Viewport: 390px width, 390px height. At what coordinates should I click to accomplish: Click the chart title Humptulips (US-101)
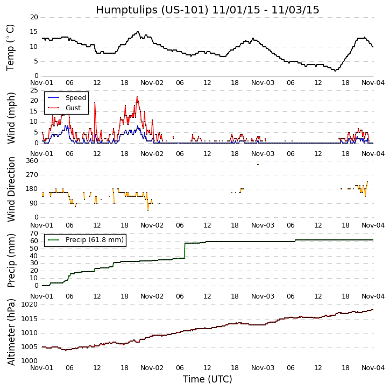tap(207, 10)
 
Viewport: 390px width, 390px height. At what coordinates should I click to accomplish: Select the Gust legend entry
tap(74, 108)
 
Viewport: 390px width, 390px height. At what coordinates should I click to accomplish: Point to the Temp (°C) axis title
tap(11, 47)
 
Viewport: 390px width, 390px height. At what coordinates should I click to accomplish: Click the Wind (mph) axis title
tap(11, 117)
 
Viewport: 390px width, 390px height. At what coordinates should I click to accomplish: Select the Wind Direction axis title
tap(11, 189)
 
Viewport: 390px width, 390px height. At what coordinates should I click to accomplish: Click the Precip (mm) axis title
tap(11, 260)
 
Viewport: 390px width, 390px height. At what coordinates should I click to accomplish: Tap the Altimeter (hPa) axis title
tap(11, 332)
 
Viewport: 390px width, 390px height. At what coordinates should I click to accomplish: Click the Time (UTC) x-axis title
tap(207, 379)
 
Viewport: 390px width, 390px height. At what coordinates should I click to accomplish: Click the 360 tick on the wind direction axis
tap(32, 161)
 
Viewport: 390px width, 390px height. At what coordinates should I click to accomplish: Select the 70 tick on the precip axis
tap(34, 233)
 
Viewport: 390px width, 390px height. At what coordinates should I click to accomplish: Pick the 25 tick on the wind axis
tap(34, 90)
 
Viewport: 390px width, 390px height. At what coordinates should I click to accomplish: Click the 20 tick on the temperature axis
tap(34, 17)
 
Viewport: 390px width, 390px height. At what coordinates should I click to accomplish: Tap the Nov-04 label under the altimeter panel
tap(373, 368)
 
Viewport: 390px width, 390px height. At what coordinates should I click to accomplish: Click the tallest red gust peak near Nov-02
tap(137, 97)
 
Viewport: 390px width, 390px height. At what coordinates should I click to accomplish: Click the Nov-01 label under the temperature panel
tap(42, 83)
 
